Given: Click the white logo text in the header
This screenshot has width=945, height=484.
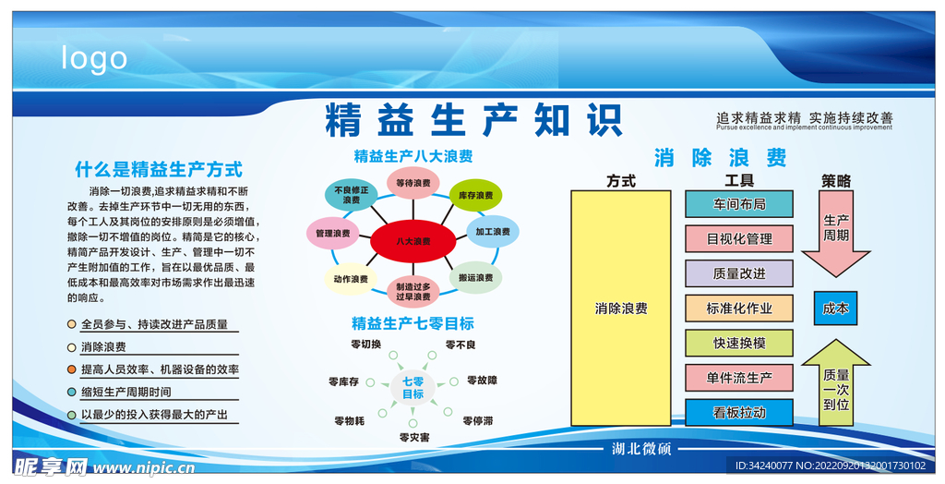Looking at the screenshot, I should (94, 58).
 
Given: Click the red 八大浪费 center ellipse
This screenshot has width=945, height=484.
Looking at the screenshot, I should (413, 242).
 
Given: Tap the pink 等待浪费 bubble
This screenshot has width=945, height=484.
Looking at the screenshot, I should (413, 184).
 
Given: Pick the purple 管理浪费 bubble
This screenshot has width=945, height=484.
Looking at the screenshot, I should (332, 234).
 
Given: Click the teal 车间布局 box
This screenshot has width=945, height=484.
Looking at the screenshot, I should (738, 204).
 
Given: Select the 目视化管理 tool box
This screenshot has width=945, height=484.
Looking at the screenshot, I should (738, 238).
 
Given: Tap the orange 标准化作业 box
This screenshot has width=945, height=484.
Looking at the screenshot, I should (738, 309).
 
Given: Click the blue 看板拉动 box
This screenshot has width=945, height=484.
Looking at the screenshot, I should (738, 413).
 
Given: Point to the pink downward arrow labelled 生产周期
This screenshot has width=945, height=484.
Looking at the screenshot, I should (835, 233).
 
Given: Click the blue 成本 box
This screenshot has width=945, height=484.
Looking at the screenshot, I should (835, 309).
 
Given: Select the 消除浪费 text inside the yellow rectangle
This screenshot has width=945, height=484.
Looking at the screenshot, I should (621, 309).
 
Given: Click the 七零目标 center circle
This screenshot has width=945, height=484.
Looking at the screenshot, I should (413, 388).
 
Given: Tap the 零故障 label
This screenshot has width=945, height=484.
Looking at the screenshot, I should (482, 380).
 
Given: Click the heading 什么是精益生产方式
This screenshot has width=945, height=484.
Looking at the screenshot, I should (159, 169).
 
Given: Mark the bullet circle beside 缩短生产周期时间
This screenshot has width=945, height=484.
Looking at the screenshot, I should (72, 392).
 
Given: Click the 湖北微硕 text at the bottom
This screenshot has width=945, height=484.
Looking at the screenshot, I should (641, 449).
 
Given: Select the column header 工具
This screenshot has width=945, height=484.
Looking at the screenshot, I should (738, 181).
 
